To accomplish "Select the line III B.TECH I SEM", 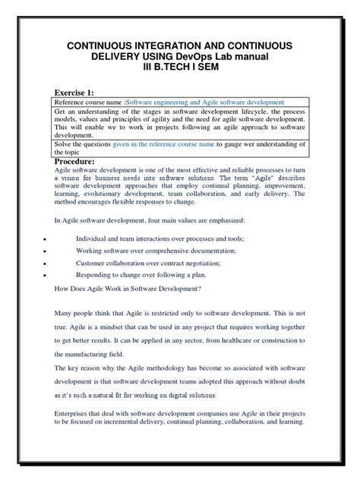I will point(179,73).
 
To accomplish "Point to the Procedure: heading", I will point(84,161).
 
